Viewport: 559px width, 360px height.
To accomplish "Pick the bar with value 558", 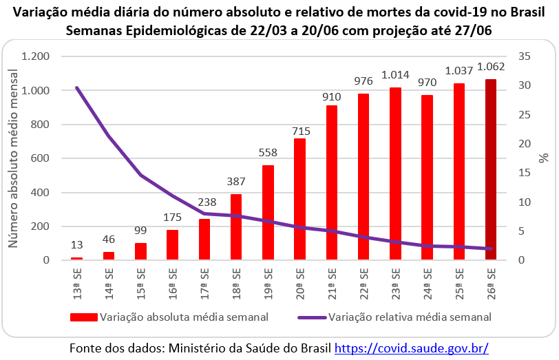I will pyautogui.click(x=267, y=213).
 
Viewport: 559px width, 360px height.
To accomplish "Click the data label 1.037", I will pyautogui.click(x=458, y=70).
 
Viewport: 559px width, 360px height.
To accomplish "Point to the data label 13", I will pyautogui.click(x=77, y=246).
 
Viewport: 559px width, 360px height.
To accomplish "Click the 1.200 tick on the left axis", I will pyautogui.click(x=36, y=56).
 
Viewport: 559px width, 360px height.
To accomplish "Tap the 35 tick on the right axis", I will pyautogui.click(x=525, y=56).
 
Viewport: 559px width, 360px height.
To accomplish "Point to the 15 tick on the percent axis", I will pyautogui.click(x=525, y=173).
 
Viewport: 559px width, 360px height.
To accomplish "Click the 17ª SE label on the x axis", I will pyautogui.click(x=204, y=281).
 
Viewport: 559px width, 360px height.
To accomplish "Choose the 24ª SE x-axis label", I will pyautogui.click(x=427, y=281).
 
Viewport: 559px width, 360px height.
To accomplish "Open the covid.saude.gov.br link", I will pyautogui.click(x=412, y=348).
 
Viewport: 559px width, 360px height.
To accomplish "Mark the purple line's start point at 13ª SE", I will pyautogui.click(x=77, y=88).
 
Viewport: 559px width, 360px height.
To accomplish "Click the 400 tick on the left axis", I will pyautogui.click(x=43, y=193).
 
